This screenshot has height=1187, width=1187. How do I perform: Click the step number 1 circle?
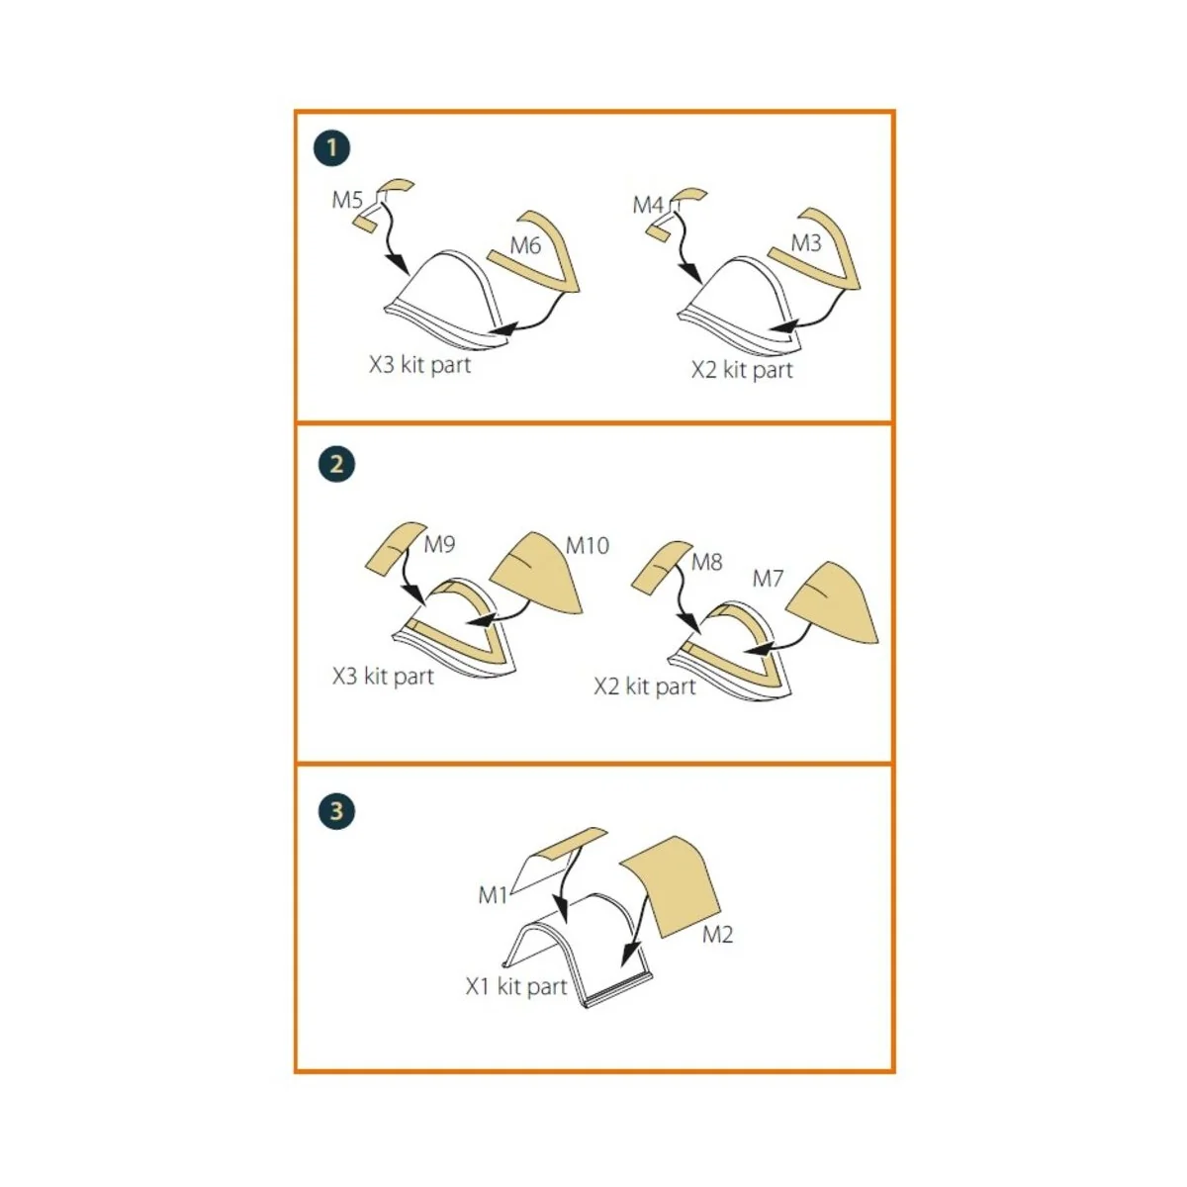click(x=331, y=147)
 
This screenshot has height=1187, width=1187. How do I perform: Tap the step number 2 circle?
click(x=336, y=464)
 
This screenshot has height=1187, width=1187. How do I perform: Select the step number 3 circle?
click(x=336, y=811)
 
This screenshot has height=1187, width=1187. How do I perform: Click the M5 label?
click(x=347, y=200)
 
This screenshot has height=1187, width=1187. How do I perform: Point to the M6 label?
click(x=525, y=245)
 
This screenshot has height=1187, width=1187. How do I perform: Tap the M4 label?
click(x=648, y=205)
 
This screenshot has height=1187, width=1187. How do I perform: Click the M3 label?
click(x=806, y=243)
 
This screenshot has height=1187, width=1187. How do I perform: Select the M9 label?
click(x=440, y=544)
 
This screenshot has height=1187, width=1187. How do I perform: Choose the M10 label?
click(x=588, y=545)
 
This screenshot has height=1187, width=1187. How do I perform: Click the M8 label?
click(x=706, y=562)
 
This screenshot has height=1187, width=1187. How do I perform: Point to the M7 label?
click(x=769, y=579)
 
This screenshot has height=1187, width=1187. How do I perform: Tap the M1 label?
click(x=493, y=895)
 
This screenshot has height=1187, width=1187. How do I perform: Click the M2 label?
click(x=717, y=935)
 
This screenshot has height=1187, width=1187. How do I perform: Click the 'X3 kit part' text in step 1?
click(x=420, y=365)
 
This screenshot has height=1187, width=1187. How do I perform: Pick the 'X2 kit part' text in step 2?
click(x=645, y=686)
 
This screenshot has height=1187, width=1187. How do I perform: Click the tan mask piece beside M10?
click(x=537, y=574)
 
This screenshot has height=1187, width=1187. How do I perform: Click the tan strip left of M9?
click(x=395, y=549)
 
